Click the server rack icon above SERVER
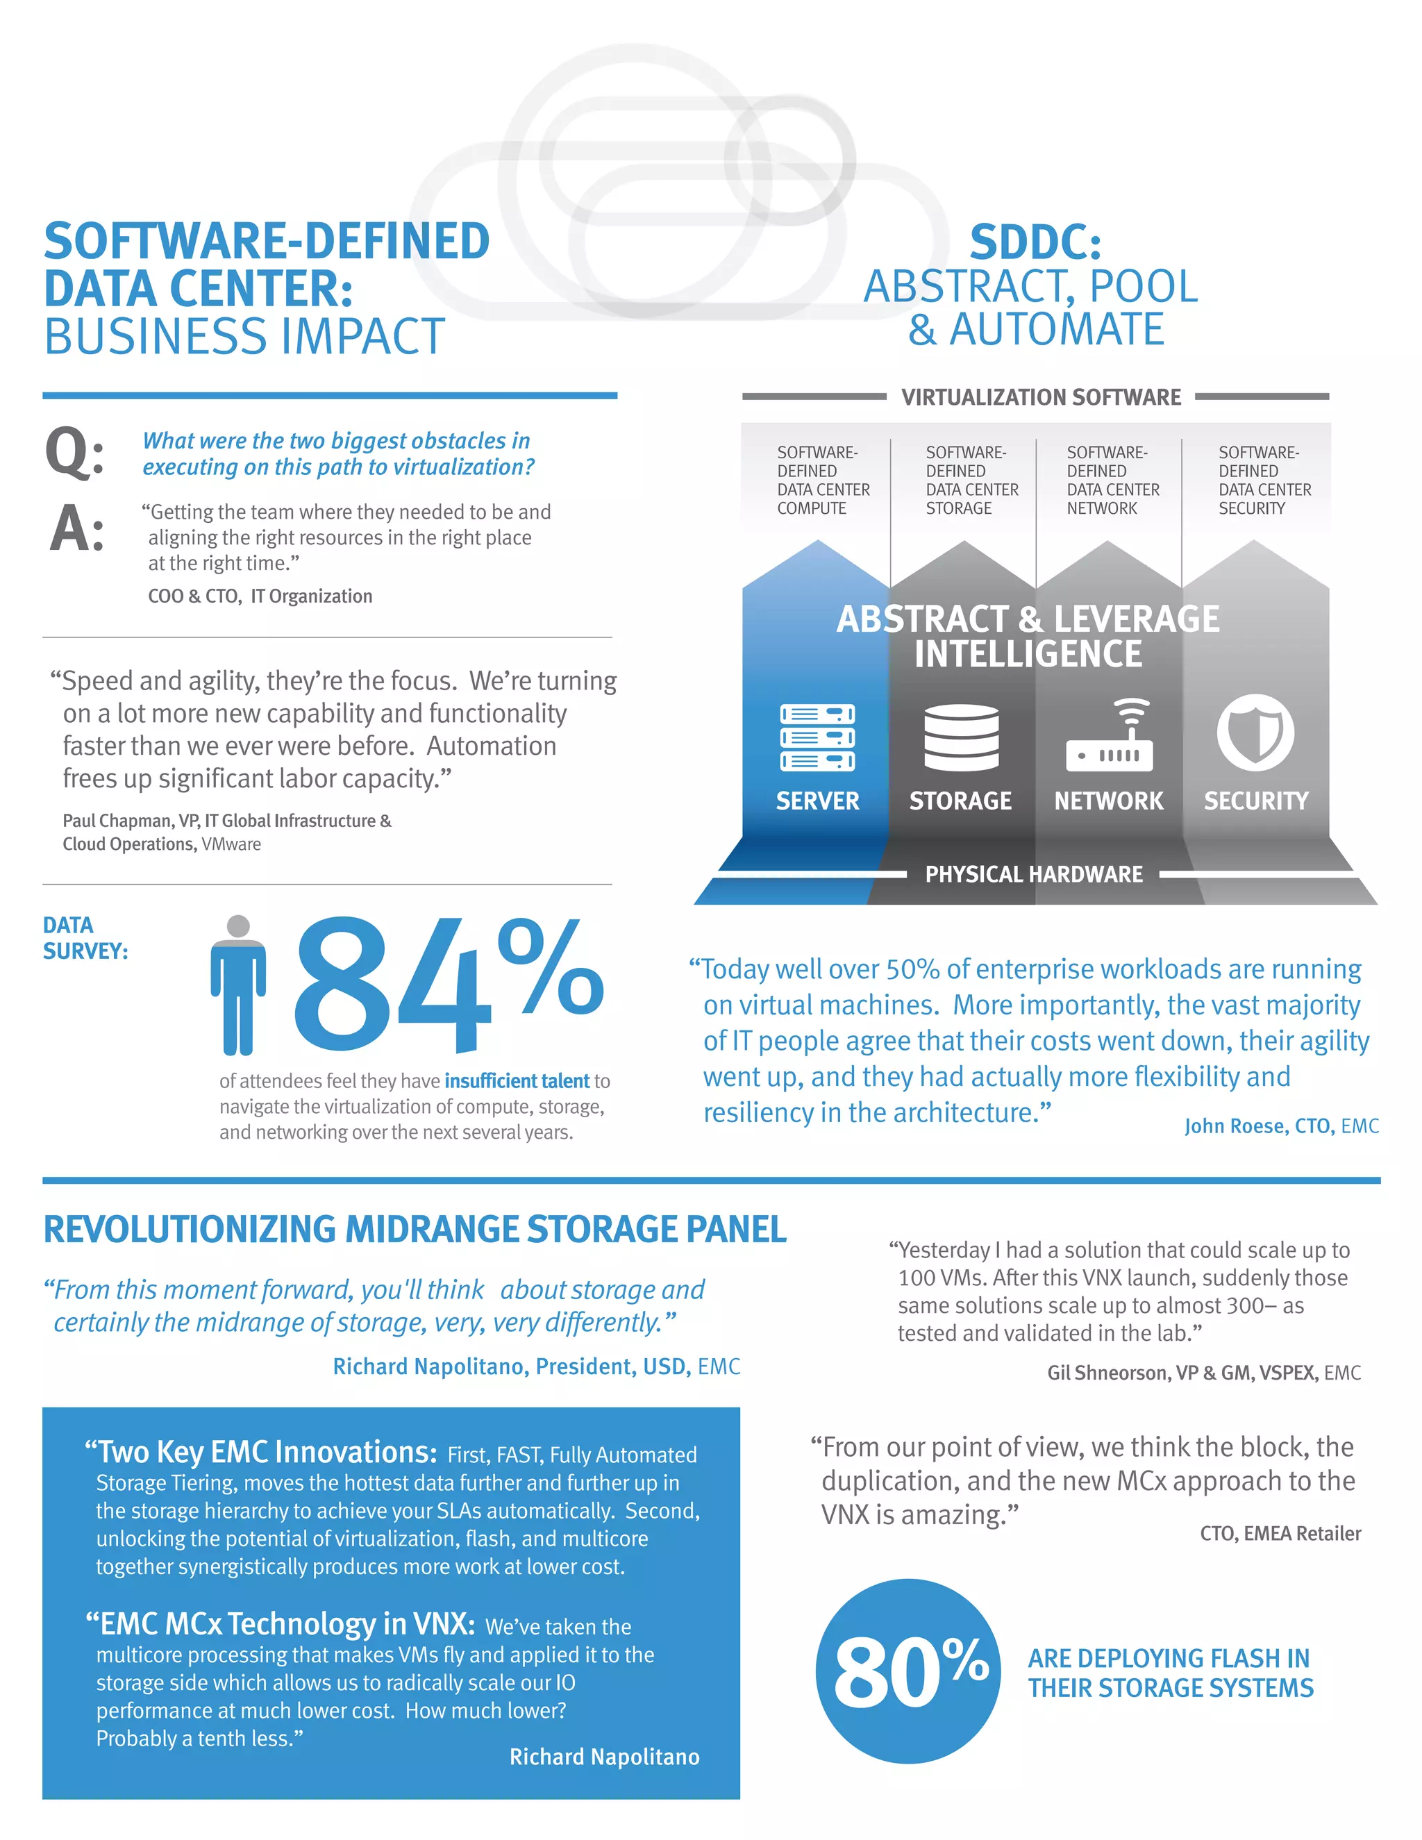point(817,737)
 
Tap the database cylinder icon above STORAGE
point(961,737)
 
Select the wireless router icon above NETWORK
point(1110,735)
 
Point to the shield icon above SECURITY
point(1255,733)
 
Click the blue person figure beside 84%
point(238,986)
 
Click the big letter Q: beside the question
point(74,453)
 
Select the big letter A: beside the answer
point(76,529)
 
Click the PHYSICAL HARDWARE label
point(1034,874)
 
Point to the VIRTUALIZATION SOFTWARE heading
point(1042,396)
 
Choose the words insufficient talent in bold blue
point(517,1081)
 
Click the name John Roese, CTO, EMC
point(1280,1126)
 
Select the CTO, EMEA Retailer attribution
point(1280,1533)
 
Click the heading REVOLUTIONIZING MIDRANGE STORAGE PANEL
point(415,1230)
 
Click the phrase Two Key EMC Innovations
point(261,1453)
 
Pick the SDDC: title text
point(1035,242)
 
